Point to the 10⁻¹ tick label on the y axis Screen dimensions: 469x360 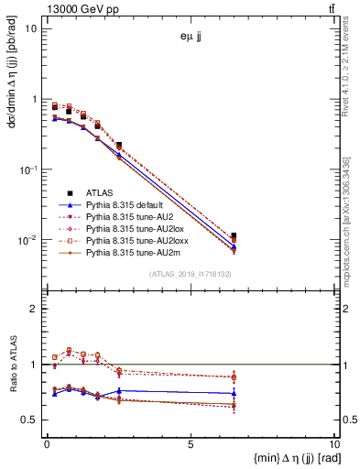27,169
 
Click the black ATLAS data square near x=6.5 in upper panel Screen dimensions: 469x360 234,235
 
